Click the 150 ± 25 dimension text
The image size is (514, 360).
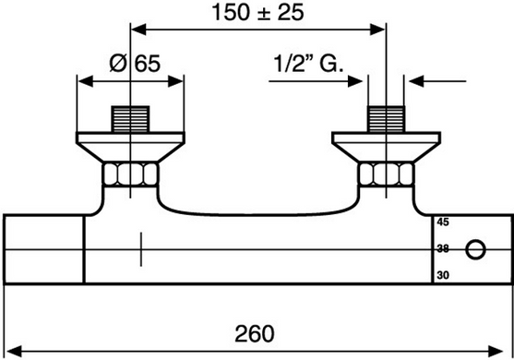coord(258,12)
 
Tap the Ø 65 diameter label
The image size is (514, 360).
coord(135,64)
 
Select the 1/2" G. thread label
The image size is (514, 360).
coord(308,63)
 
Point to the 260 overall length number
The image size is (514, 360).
coord(255,334)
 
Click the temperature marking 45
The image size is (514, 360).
coord(443,222)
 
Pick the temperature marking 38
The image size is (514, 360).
coord(443,249)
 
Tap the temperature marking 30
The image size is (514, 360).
coord(443,275)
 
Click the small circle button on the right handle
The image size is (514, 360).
coord(475,249)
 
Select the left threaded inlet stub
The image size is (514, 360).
coord(130,119)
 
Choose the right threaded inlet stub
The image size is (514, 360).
coord(386,119)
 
